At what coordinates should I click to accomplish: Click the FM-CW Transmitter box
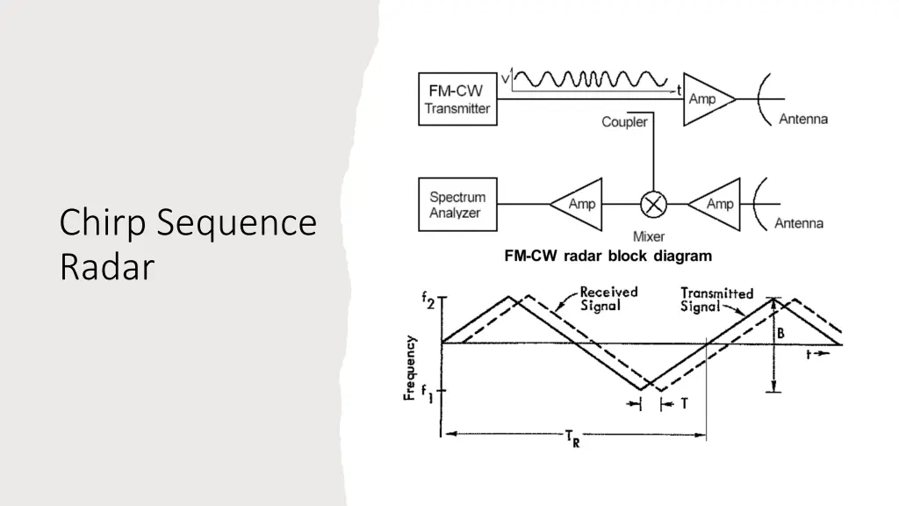coord(457,98)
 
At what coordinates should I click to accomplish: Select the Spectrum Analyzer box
coord(457,204)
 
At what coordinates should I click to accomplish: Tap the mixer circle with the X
coord(653,204)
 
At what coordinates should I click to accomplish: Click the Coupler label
coord(624,121)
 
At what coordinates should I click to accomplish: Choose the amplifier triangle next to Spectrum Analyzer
coord(576,204)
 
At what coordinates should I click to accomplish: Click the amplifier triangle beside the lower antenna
coord(715,204)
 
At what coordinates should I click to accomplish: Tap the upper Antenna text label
coord(803,119)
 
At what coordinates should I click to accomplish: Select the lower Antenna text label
coord(799,223)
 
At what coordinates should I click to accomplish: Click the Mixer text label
coord(649,236)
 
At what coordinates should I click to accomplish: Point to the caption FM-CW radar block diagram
coord(608,256)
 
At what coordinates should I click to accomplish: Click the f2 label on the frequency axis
coord(428,300)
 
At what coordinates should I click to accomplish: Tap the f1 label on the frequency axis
coord(428,393)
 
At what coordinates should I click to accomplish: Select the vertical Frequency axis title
coord(409,368)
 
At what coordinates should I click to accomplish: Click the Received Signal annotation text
coord(608,299)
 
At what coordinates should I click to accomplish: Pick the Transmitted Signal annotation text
coord(716,300)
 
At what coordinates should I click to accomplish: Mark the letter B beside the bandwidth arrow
coord(780,333)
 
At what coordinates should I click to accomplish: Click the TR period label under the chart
coord(572,437)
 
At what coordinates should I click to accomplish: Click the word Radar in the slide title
coord(107,267)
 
